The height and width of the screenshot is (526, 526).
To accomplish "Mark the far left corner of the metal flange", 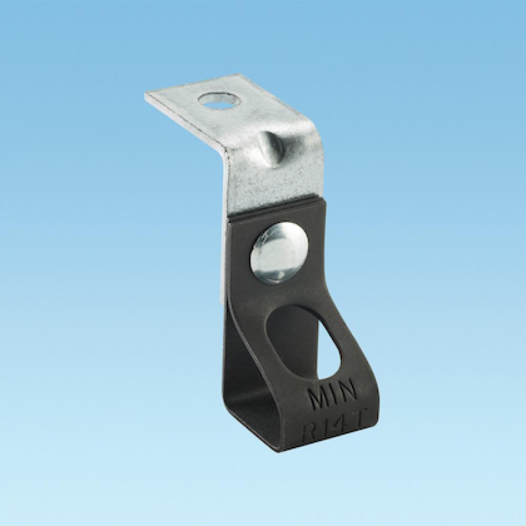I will point(146,95).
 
